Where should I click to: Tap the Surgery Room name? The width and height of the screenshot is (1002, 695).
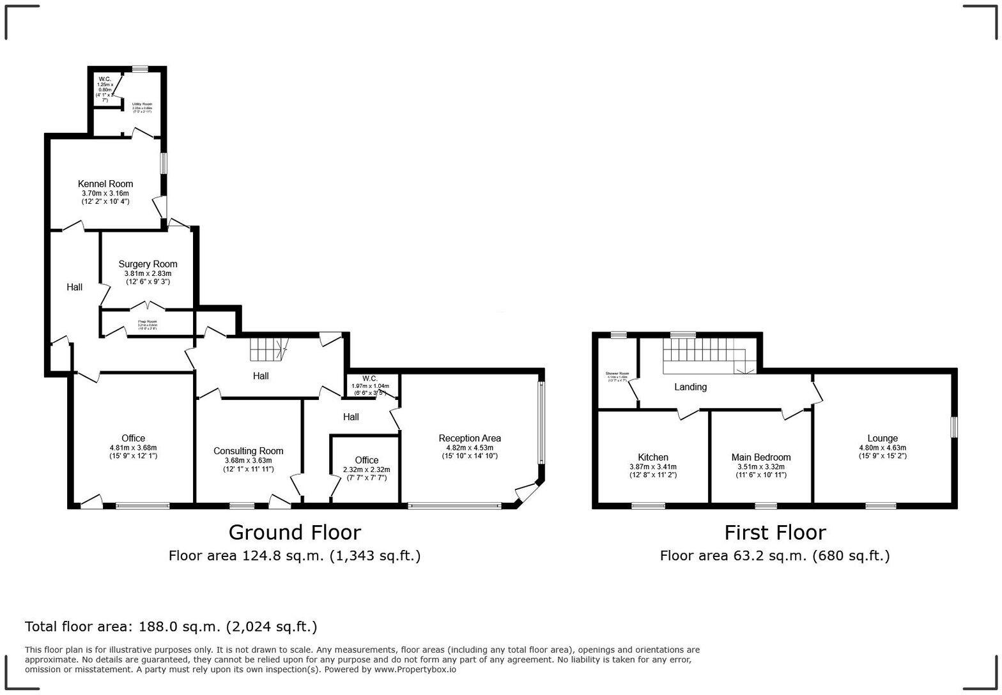tap(148, 264)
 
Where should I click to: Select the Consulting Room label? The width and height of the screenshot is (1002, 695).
tap(248, 451)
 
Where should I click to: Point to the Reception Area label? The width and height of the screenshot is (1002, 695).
tap(469, 438)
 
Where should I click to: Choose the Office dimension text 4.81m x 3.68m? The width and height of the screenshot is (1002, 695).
tap(133, 448)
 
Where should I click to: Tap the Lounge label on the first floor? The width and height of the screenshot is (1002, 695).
tap(882, 438)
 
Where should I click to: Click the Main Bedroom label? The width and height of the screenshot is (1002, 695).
tap(760, 457)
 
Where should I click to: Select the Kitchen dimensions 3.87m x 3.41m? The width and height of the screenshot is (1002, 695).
tap(652, 467)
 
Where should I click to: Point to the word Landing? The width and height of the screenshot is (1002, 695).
tap(690, 387)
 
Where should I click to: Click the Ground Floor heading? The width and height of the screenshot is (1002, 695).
tap(295, 532)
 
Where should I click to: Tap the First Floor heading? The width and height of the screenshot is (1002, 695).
tap(775, 532)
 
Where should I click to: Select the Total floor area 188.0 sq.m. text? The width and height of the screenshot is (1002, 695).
tap(171, 627)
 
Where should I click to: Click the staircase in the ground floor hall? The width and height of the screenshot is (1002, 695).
tap(267, 349)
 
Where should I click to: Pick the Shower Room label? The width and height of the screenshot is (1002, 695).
tap(617, 374)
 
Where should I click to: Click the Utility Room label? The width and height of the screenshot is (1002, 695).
tap(142, 104)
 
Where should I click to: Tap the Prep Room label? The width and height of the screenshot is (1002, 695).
tap(147, 322)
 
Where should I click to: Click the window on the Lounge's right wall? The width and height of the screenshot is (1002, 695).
tap(953, 427)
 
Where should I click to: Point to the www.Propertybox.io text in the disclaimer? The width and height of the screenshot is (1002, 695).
tap(415, 669)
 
